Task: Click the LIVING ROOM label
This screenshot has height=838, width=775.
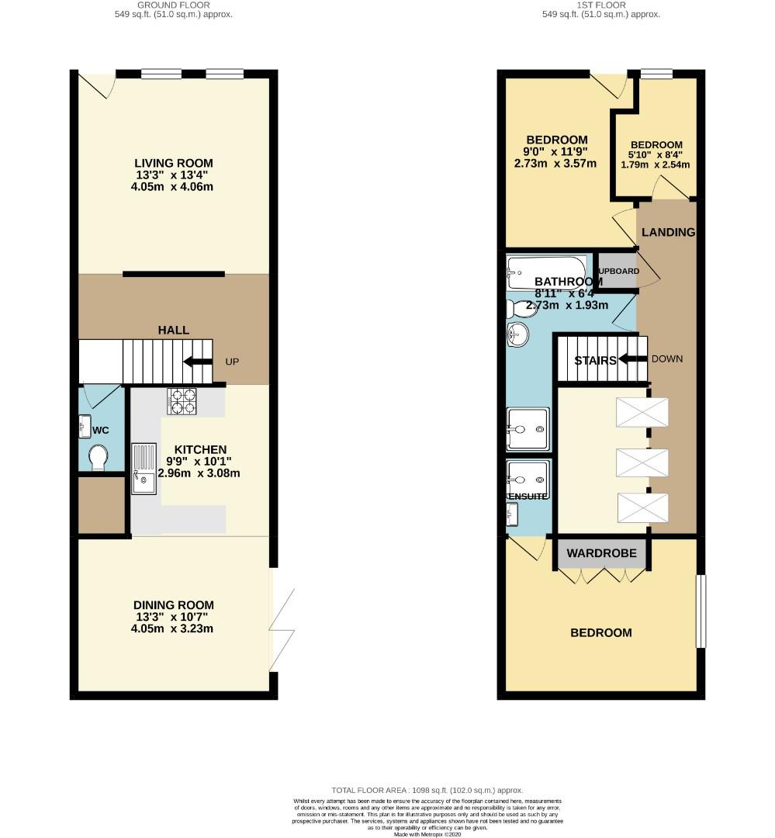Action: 174,163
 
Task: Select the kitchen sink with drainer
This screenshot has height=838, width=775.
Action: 144,468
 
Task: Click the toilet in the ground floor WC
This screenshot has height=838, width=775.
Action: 98,457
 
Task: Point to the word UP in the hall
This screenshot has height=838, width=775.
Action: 232,362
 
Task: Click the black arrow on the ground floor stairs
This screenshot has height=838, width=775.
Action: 197,362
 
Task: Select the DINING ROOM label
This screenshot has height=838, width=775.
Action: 174,605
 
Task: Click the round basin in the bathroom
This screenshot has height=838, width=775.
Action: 518,336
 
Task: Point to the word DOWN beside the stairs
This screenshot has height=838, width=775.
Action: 666,359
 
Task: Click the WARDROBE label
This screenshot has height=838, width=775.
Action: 601,553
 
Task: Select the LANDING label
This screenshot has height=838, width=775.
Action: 668,232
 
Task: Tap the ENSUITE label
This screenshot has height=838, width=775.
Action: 528,496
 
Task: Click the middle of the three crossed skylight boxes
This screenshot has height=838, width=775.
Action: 642,462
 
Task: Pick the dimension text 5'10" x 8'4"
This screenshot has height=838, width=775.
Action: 656,154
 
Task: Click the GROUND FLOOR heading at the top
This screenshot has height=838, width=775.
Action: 174,5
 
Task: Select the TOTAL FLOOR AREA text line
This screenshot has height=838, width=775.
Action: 427,789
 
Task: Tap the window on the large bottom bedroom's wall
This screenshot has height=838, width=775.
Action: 701,611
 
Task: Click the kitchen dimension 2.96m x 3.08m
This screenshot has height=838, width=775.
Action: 199,473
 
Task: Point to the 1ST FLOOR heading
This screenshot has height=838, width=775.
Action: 601,5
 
